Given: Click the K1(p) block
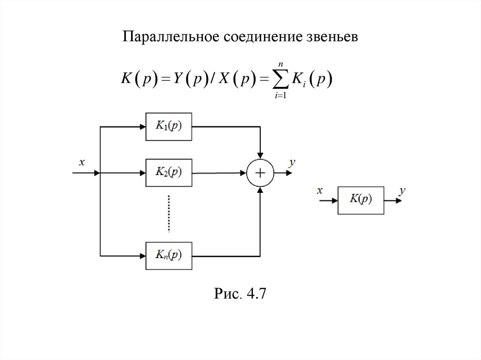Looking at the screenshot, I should click(169, 126).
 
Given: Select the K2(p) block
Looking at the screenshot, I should click(169, 173).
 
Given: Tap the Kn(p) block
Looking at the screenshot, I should click(169, 256).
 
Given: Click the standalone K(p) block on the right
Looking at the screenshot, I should click(360, 200).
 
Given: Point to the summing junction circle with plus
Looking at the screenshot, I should click(260, 173).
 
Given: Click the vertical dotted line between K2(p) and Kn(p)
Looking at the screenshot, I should click(168, 214).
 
